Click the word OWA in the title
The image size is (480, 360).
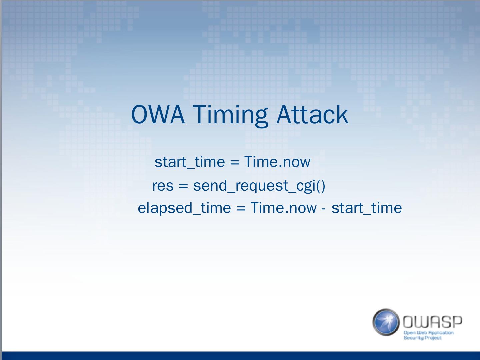pos(158,114)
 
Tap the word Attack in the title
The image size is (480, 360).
pos(312,114)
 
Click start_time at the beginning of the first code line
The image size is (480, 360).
pos(190,162)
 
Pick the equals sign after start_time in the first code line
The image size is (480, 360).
pos(235,162)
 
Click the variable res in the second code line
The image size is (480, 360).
pos(163,186)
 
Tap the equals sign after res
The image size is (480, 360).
pos(183,186)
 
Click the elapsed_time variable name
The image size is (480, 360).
pos(184,208)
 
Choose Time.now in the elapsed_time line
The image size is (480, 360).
pos(283,208)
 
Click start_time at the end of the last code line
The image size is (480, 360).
pos(367,208)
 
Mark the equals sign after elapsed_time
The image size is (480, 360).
pos(241,208)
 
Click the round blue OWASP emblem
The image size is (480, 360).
pos(386,322)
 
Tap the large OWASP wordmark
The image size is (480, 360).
pos(433,322)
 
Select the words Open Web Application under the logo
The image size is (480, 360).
pos(428,333)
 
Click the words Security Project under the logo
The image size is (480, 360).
pos(422,338)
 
